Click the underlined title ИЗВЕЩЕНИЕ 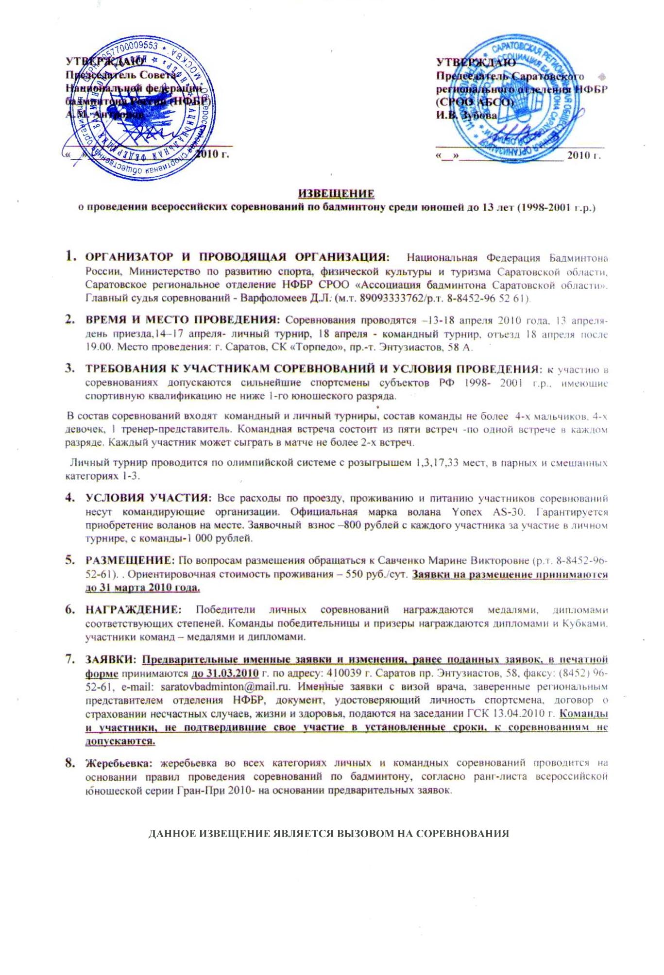(x=336, y=194)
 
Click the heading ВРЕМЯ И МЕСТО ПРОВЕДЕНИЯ (x=183, y=319)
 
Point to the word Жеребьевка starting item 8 (x=119, y=763)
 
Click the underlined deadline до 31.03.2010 (x=225, y=673)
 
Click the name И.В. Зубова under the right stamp (x=466, y=116)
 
